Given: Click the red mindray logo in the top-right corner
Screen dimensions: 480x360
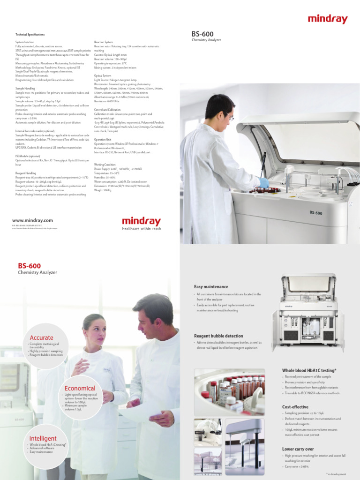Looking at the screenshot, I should pos(328,19).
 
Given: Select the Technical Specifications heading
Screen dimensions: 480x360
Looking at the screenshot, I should pos(30,35).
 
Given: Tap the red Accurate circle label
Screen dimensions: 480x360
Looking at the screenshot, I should pos(41,337).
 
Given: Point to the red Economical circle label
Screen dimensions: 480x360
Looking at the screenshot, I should pos(80,388).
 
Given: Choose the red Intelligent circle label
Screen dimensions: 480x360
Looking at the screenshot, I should pos(43,438).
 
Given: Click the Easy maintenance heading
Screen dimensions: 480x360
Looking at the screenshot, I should pos(211,286).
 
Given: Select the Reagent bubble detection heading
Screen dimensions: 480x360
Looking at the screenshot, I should pos(218,336).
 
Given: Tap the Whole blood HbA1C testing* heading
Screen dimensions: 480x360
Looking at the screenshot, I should pos(309,370).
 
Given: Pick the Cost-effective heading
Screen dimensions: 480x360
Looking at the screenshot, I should pos(295,407).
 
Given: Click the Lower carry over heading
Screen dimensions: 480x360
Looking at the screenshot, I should pos(298,449).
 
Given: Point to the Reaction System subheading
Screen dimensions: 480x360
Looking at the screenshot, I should pos(103,42).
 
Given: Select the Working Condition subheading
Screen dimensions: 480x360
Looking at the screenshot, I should pos(105,165).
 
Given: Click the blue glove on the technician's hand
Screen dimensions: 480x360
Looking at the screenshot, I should pos(264,182).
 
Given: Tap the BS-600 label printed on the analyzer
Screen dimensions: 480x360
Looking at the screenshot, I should pos(315,213).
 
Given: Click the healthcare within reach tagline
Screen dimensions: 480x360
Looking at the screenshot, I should pos(141,228).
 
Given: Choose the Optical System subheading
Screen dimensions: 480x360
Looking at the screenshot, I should pos(103,75).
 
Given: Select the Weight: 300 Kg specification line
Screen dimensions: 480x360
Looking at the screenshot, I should pos(103,190).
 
